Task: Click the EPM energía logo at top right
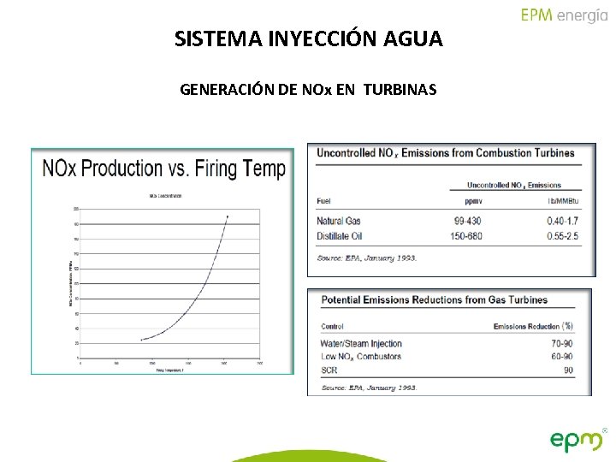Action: click(564, 15)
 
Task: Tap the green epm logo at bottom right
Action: click(577, 440)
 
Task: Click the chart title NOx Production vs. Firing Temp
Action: click(163, 169)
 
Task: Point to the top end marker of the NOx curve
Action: click(228, 216)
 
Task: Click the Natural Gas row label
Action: click(339, 222)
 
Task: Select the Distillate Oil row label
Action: click(340, 235)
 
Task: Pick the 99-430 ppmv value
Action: click(469, 222)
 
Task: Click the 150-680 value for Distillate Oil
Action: click(467, 235)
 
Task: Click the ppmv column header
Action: click(473, 202)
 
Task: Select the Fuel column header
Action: click(323, 202)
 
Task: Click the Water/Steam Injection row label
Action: click(361, 344)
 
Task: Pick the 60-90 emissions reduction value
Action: click(562, 357)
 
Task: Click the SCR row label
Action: click(329, 370)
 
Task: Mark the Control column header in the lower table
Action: click(333, 327)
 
